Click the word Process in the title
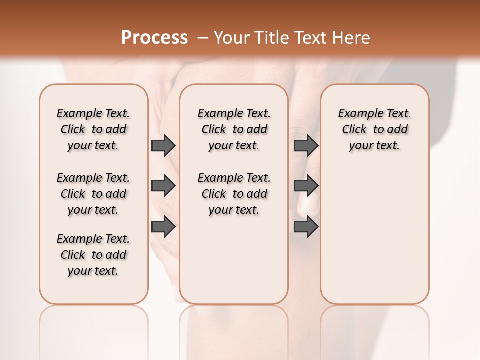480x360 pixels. tap(154, 38)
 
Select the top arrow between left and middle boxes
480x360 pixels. tap(163, 145)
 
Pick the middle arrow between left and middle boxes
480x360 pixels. tap(163, 186)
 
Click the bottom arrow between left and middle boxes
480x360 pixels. tap(163, 227)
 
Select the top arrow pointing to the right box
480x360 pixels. tap(306, 145)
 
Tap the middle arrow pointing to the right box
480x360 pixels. tap(306, 186)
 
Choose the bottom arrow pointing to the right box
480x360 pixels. tap(306, 227)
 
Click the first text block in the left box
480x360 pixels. tap(93, 129)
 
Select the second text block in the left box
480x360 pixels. tap(93, 194)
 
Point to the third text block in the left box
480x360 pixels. tap(93, 255)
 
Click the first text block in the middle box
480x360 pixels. tap(234, 129)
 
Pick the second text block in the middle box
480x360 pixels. tap(234, 194)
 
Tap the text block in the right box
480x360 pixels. tap(374, 129)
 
